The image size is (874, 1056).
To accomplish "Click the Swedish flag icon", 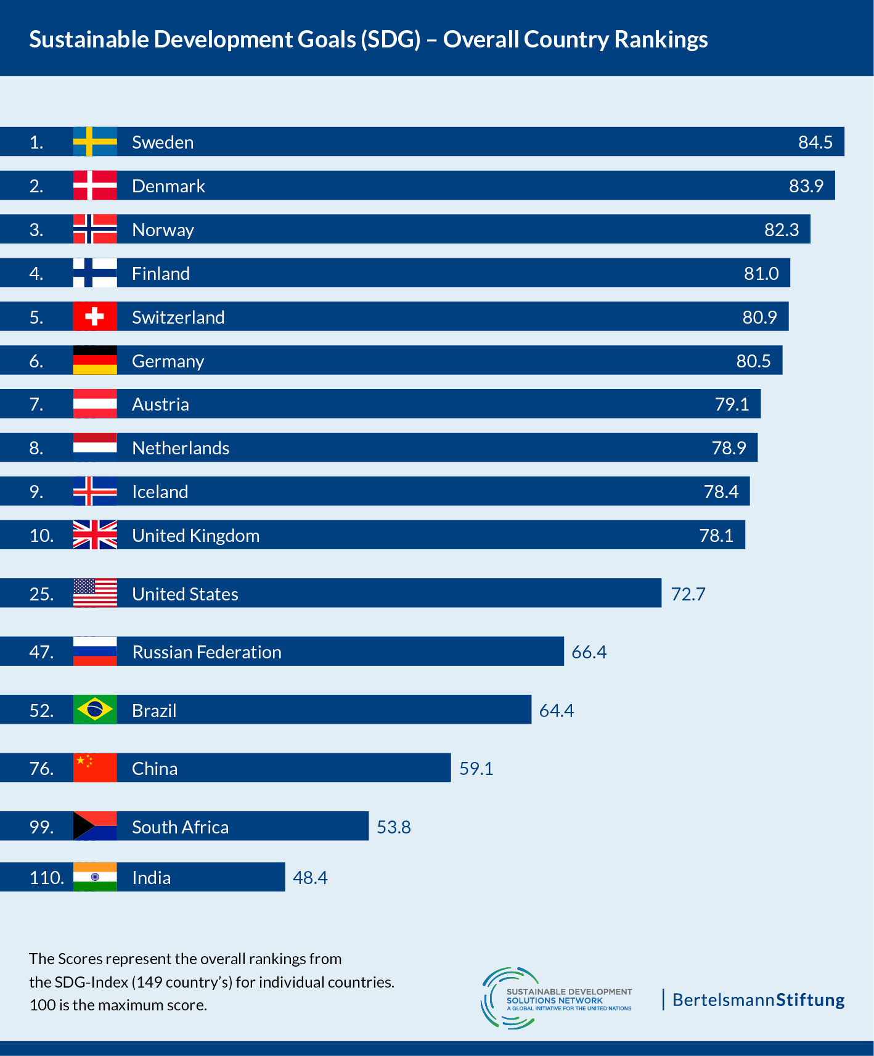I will [x=95, y=142].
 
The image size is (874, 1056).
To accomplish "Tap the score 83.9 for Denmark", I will [x=806, y=186].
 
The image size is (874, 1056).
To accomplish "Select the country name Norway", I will [x=163, y=230].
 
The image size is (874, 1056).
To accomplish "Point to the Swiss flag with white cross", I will [x=95, y=317].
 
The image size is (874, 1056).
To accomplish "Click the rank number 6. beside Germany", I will [x=36, y=361].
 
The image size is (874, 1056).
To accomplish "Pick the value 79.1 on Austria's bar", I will [x=732, y=404].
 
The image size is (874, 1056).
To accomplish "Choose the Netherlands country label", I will [x=181, y=448].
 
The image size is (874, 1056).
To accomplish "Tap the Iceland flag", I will [x=95, y=491].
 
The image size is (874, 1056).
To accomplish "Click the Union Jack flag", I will [x=95, y=535].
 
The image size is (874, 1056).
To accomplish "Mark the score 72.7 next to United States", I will [x=688, y=594].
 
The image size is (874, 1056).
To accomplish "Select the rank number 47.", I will [x=41, y=652].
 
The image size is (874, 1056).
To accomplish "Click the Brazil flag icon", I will [x=95, y=710].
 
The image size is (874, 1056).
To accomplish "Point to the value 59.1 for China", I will [x=476, y=768].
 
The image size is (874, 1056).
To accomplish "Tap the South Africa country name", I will [x=180, y=827].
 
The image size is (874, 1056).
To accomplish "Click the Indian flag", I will [x=95, y=877].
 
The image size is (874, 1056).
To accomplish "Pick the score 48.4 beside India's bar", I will [x=310, y=877].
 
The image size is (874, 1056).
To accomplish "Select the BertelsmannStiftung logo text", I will [x=758, y=999].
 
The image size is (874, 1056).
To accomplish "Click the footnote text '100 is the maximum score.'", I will [x=118, y=1005].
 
